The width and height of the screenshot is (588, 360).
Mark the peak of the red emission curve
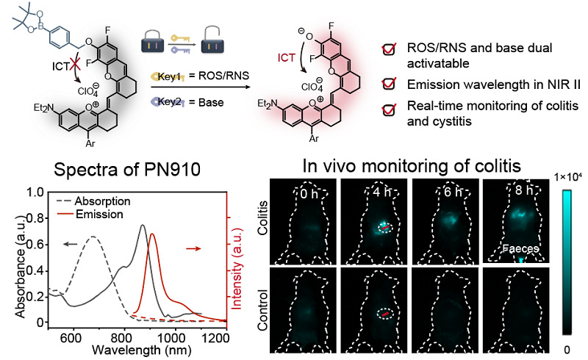152,234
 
